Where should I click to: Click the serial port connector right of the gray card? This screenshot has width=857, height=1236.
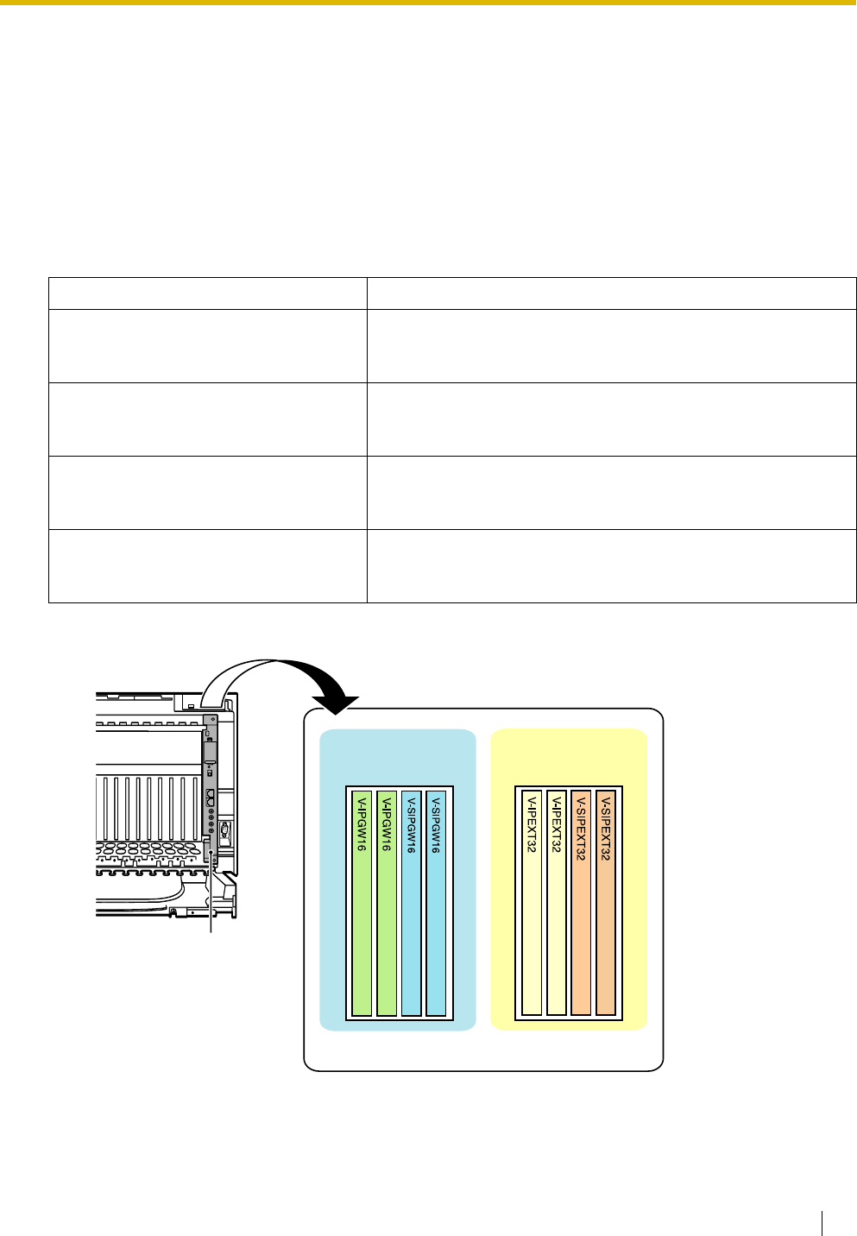pos(224,833)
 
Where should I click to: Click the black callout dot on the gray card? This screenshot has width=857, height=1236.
pos(211,854)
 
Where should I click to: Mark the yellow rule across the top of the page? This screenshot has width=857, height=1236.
pos(428,3)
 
